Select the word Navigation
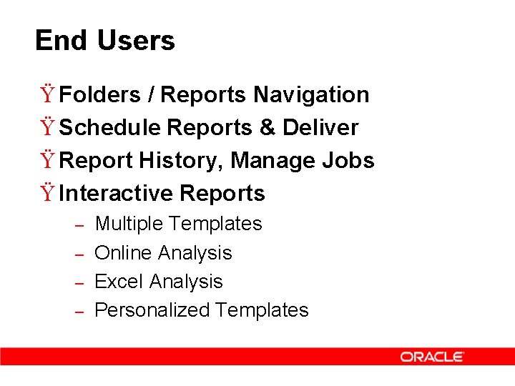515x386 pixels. pyautogui.click(x=311, y=94)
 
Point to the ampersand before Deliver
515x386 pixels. pyautogui.click(x=268, y=127)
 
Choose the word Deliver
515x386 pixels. pyautogui.click(x=320, y=127)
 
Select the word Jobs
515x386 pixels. pyautogui.click(x=350, y=160)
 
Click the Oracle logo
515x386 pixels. pyautogui.click(x=432, y=357)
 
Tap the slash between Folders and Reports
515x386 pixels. pyautogui.click(x=152, y=94)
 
